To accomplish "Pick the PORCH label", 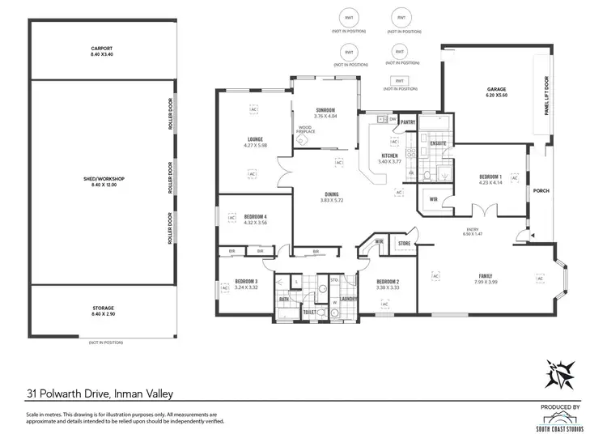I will click(x=541, y=191).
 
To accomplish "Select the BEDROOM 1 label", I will click(x=490, y=176).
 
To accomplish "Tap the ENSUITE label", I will click(x=439, y=143).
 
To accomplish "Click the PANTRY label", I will click(x=408, y=122).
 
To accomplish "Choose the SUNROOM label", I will click(x=325, y=110).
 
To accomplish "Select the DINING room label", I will click(x=332, y=194).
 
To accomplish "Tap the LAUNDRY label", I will click(x=349, y=298).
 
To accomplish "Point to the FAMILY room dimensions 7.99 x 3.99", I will click(x=486, y=281).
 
